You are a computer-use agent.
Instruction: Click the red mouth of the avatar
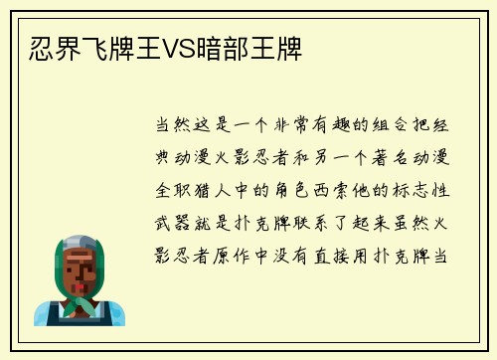pos(79,288)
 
